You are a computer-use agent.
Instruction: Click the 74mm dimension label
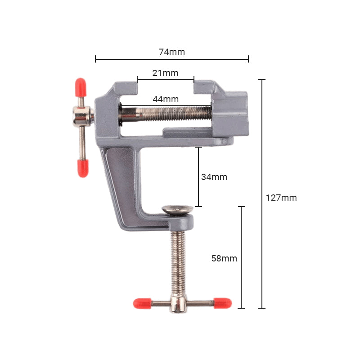pos(172,52)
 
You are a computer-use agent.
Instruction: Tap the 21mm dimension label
pos(165,73)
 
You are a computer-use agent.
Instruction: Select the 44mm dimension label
pos(165,99)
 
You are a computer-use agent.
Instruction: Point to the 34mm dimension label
pos(214,177)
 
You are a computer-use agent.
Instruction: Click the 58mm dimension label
pos(224,258)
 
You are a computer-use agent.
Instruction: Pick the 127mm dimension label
pos(281,197)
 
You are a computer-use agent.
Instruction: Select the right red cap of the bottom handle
pos(222,303)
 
